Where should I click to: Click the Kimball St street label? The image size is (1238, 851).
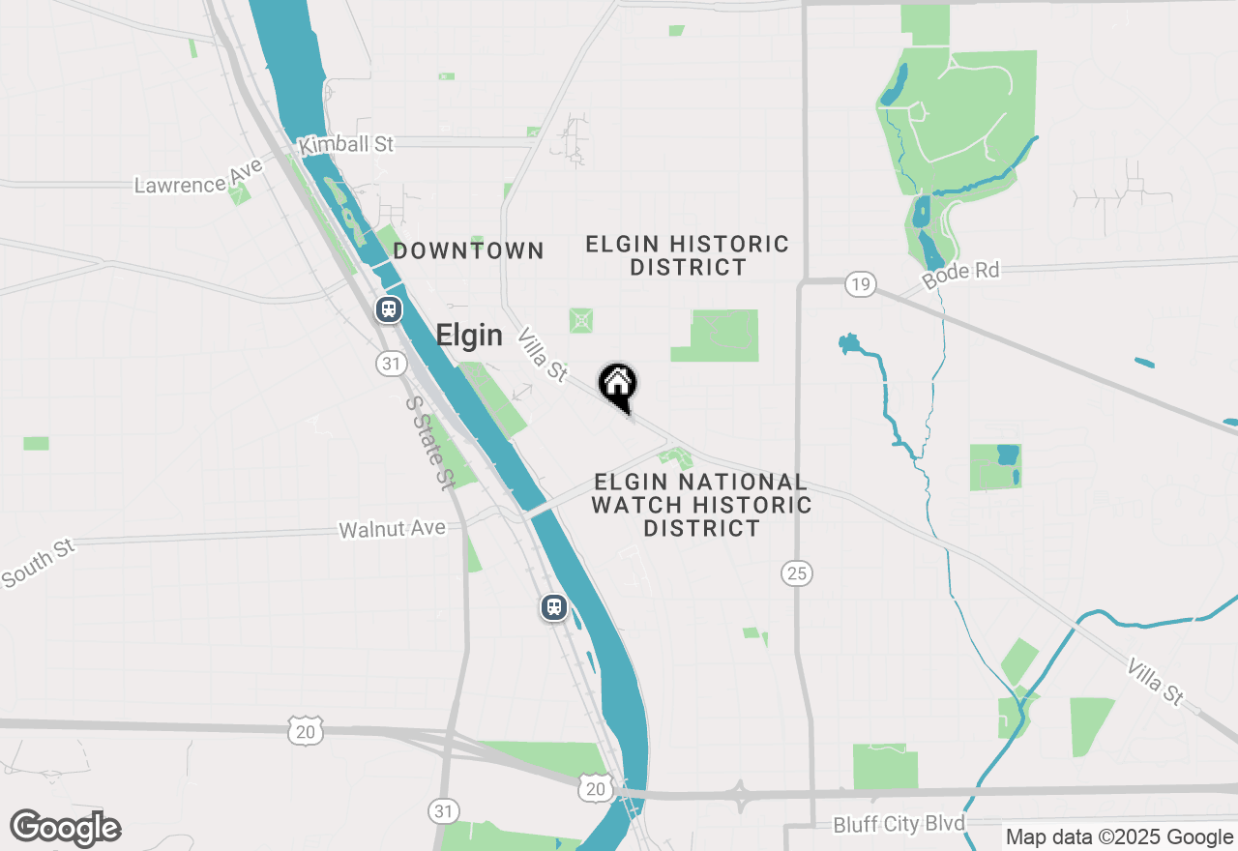point(346,145)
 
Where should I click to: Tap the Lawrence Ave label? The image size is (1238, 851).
point(198,177)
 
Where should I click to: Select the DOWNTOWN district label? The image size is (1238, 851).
point(469,251)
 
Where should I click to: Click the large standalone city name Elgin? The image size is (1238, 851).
point(469,336)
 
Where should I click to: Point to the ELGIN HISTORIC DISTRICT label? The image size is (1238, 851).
point(688,255)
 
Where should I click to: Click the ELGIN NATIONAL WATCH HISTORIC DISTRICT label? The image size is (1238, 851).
point(701,505)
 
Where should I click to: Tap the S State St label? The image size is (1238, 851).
point(430,442)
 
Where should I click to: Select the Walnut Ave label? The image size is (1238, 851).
point(392,529)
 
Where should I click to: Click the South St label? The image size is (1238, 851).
point(38,564)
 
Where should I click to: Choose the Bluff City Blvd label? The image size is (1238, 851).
point(899,824)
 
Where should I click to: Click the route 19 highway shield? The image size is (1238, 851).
point(860,283)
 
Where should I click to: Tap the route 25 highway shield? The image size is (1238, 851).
point(796,573)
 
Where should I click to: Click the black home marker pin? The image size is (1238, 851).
point(617,385)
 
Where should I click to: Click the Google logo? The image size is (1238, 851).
point(66,828)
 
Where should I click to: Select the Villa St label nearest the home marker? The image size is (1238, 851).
point(543,355)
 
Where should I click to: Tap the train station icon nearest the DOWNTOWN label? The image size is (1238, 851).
point(389,309)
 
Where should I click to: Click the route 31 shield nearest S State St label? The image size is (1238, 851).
point(391,364)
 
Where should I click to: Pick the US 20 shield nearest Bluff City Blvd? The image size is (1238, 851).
point(595,789)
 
